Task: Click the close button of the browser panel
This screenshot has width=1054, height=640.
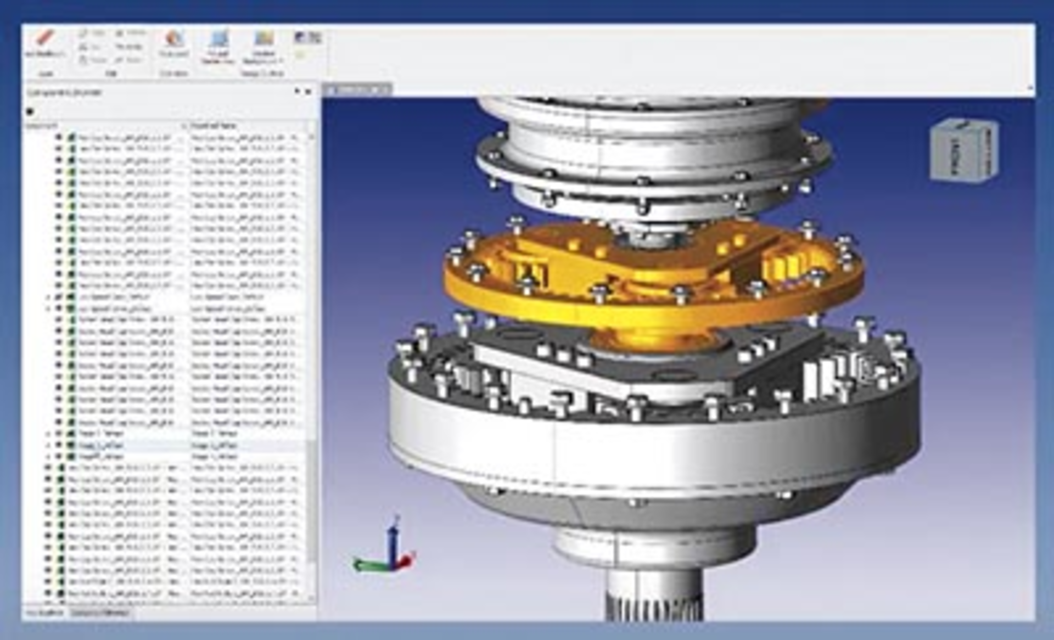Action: [x=309, y=92]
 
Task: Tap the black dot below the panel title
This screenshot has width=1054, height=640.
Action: [x=30, y=111]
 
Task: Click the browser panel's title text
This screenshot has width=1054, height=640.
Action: [x=65, y=93]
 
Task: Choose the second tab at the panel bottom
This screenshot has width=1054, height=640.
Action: [x=100, y=613]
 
